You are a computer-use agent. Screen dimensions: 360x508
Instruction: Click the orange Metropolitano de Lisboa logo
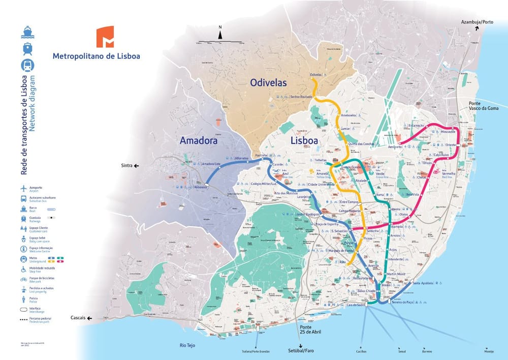pyautogui.click(x=105, y=37)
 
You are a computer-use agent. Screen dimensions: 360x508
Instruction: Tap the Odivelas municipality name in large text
pyautogui.click(x=268, y=82)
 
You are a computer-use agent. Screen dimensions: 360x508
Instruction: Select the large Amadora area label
pyautogui.click(x=199, y=140)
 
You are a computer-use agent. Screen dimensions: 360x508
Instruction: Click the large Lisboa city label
pyautogui.click(x=304, y=140)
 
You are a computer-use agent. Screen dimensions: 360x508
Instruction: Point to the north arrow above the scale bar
pyautogui.click(x=220, y=34)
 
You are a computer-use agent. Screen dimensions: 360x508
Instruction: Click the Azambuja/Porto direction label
pyautogui.click(x=477, y=22)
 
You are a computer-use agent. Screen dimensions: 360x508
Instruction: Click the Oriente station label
pyautogui.click(x=450, y=145)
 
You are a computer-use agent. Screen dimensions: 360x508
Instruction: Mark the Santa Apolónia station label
pyautogui.click(x=423, y=283)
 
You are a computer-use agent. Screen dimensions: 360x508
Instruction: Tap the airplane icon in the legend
pyautogui.click(x=23, y=189)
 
